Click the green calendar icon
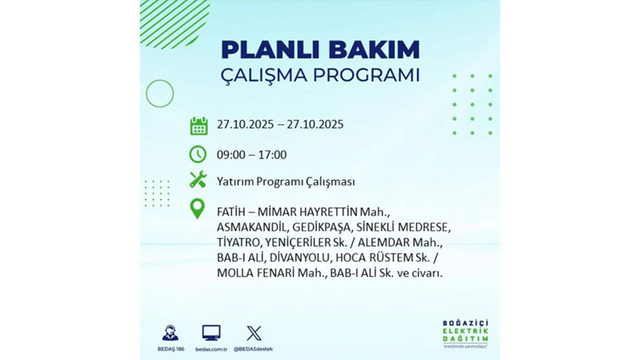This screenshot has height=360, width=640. click(x=198, y=125)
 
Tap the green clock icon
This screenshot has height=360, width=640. click(x=198, y=154)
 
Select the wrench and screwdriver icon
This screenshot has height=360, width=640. click(x=198, y=181)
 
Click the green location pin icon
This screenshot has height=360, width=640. click(x=198, y=209)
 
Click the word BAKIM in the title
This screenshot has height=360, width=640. click(x=373, y=49)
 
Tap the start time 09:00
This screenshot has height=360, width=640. click(x=232, y=155)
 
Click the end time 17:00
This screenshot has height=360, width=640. click(x=272, y=155)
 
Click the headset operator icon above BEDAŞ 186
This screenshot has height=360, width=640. click(x=169, y=333)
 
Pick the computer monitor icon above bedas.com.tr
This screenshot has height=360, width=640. click(x=212, y=333)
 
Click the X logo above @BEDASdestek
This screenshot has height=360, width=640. click(x=254, y=333)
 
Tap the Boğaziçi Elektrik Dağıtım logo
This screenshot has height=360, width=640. click(x=468, y=336)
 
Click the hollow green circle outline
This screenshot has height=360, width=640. click(x=159, y=94)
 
